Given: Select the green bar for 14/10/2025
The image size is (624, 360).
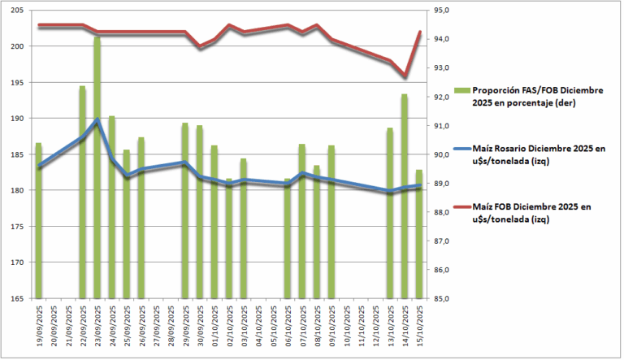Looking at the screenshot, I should (405, 196).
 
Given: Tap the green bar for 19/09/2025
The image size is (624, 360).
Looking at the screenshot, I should (38, 220).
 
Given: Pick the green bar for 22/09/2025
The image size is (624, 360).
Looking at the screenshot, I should (82, 192).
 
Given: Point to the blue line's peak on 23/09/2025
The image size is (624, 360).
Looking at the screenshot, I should (97, 120).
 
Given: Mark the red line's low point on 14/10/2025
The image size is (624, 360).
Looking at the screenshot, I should (405, 76).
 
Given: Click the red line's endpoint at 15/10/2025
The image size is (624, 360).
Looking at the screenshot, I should (419, 32).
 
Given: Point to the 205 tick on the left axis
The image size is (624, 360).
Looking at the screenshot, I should (18, 11).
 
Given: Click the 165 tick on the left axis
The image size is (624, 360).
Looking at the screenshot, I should (18, 298).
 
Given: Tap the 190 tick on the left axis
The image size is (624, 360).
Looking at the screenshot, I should (18, 119).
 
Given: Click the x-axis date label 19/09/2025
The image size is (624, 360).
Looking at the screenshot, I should (39, 329).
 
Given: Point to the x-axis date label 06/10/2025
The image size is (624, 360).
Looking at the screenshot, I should (288, 329).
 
